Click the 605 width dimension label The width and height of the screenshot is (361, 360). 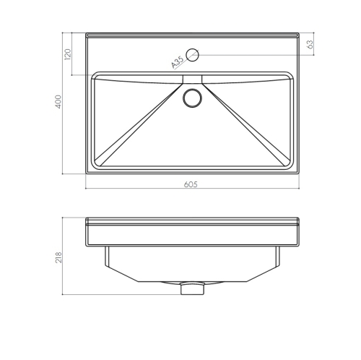pyautogui.click(x=191, y=184)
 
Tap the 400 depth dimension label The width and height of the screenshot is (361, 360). pyautogui.click(x=58, y=102)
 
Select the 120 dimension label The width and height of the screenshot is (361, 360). pyautogui.click(x=68, y=54)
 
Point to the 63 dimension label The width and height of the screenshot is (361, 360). pyautogui.click(x=310, y=45)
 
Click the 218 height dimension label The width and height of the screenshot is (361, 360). pyautogui.click(x=58, y=257)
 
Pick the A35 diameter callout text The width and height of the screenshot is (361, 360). pyautogui.click(x=178, y=62)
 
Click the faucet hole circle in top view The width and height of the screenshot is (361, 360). pyautogui.click(x=193, y=55)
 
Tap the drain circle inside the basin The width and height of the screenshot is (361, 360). pyautogui.click(x=192, y=98)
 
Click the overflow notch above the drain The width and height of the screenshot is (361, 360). pyautogui.click(x=192, y=79)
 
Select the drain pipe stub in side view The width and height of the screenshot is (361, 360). pyautogui.click(x=192, y=288)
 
